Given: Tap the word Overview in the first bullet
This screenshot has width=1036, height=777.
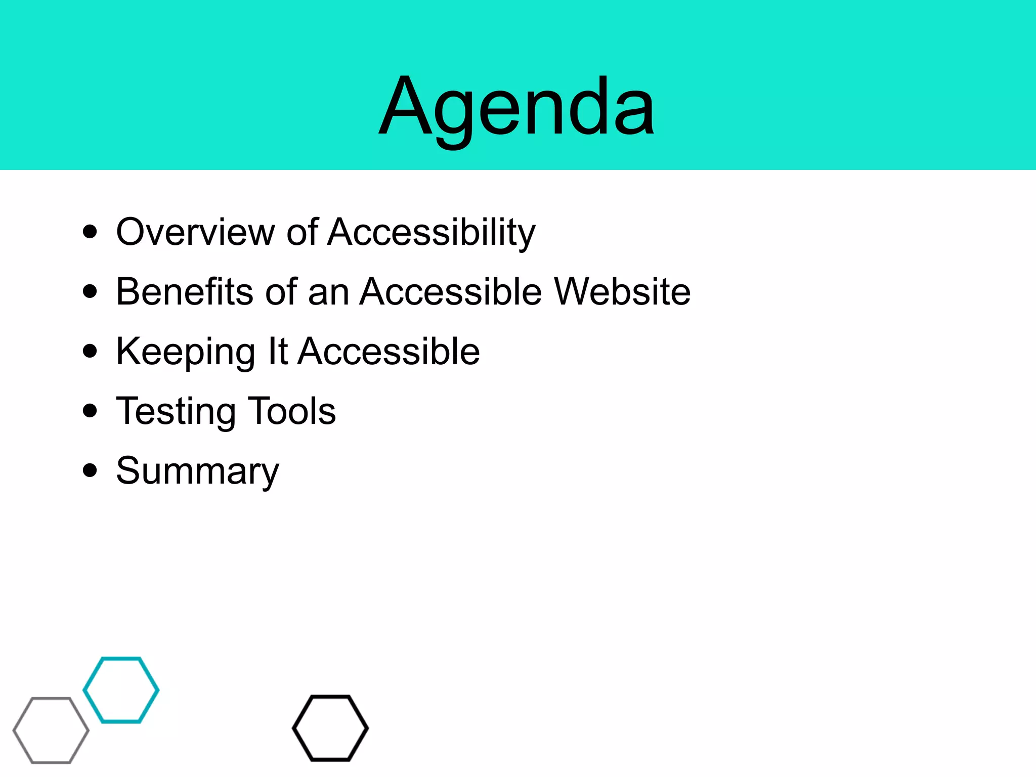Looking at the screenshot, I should pos(195,232).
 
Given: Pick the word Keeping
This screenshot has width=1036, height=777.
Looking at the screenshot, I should pos(185,352).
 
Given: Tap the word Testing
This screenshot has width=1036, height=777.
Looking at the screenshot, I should pos(176,411).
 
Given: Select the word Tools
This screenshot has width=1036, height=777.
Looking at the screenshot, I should pos(292,411).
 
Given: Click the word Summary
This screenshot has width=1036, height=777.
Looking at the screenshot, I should pos(197,471).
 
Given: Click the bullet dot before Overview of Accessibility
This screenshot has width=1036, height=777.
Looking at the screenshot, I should pos(90,232).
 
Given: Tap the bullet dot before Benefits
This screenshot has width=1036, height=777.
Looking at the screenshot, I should pos(90,292).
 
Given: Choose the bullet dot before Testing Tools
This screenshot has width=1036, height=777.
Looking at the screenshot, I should pos(90,411).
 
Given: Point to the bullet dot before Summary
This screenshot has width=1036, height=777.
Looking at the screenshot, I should pos(90,470).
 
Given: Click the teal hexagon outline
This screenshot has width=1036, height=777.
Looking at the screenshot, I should pos(84,690).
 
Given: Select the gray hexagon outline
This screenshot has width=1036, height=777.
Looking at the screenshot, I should pos(15,730).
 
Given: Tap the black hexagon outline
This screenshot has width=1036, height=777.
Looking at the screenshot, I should pos(294,728).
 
